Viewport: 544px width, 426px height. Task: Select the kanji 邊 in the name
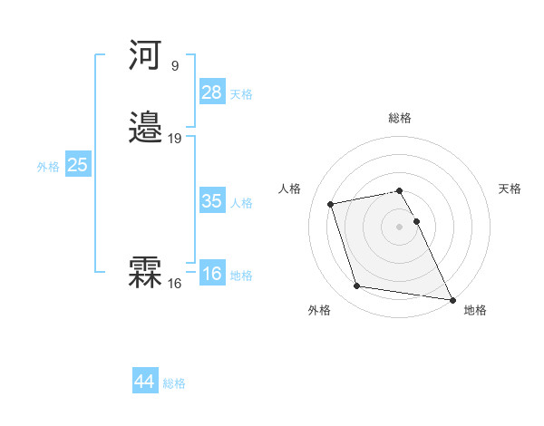click(146, 128)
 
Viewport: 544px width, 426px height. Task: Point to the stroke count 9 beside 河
click(174, 65)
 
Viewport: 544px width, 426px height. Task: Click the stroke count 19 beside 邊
click(175, 139)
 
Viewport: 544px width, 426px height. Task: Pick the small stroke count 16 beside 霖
click(174, 284)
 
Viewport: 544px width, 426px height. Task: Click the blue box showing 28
click(212, 92)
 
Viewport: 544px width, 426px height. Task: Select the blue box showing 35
click(212, 201)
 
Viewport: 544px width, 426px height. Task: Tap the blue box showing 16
click(212, 274)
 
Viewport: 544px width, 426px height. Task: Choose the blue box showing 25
click(77, 165)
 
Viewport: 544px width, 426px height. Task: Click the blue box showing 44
click(145, 382)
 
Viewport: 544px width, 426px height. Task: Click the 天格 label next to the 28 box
click(241, 94)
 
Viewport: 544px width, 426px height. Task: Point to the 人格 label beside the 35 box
click(241, 203)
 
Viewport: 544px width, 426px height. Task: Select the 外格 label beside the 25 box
click(48, 167)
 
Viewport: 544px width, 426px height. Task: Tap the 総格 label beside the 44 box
click(174, 383)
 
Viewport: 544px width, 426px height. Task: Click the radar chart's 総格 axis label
click(400, 118)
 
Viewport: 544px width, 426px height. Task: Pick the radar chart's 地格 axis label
click(475, 310)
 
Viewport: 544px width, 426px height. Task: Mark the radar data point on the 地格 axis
click(452, 299)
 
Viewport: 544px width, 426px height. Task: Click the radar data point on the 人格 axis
click(331, 203)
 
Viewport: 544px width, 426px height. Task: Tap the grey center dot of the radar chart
click(400, 226)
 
